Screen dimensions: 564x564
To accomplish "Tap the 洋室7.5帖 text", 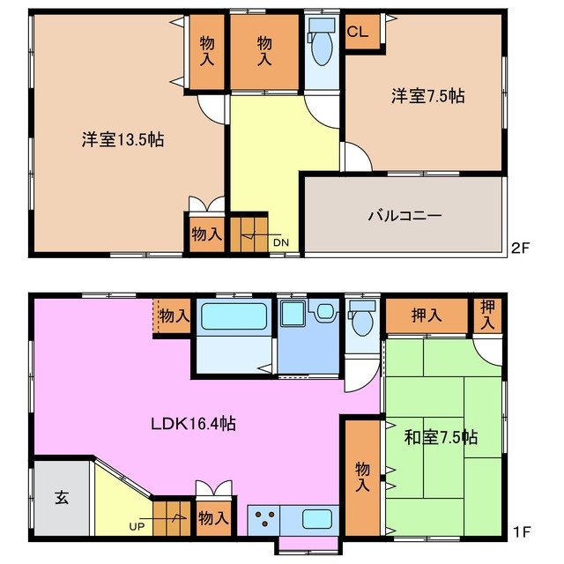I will pyautogui.click(x=428, y=96).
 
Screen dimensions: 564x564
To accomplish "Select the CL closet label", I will pyautogui.click(x=358, y=33).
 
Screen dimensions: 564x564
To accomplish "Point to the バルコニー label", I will pyautogui.click(x=404, y=215).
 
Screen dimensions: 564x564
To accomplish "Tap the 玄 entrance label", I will pyautogui.click(x=63, y=496).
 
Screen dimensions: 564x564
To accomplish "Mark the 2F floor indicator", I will pyautogui.click(x=520, y=249).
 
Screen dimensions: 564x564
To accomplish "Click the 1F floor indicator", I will pyautogui.click(x=520, y=531).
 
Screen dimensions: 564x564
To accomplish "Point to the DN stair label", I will pyautogui.click(x=279, y=242).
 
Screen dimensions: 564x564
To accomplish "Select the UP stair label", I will pyautogui.click(x=137, y=526).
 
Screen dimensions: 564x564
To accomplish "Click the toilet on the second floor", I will pyautogui.click(x=323, y=48).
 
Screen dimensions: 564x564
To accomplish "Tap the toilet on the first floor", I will pyautogui.click(x=361, y=321).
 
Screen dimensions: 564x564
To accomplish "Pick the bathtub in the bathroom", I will pyautogui.click(x=233, y=317).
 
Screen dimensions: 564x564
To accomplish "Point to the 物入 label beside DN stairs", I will pyautogui.click(x=206, y=235).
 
